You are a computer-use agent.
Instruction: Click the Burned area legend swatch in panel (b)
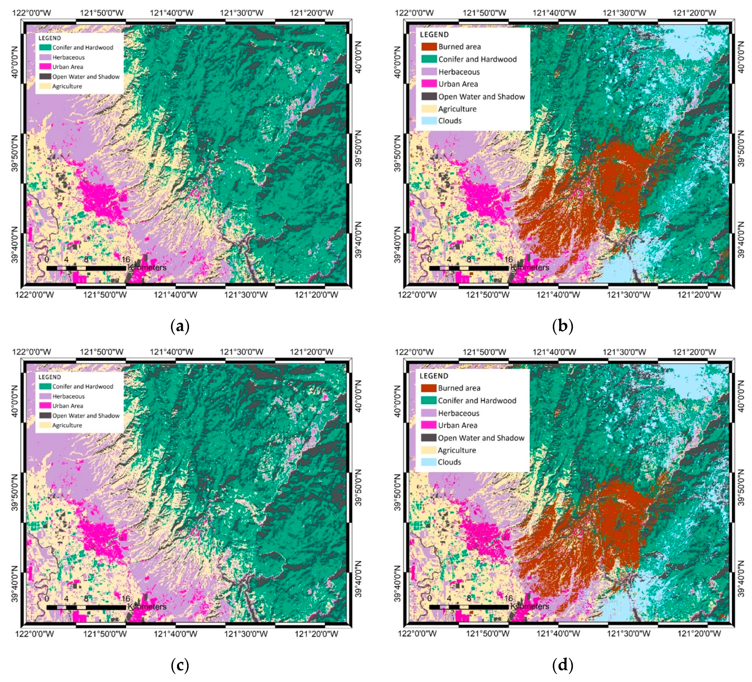coord(429,47)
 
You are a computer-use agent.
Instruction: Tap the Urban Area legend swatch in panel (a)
coord(45,67)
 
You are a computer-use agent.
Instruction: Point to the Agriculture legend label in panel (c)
coord(67,425)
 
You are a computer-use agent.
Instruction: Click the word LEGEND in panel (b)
coord(434,34)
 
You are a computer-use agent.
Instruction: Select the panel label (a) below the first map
coord(180,326)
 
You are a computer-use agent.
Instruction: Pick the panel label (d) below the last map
coord(562,665)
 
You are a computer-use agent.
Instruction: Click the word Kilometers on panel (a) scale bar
coord(147,268)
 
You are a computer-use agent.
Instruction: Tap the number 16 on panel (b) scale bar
coord(508,259)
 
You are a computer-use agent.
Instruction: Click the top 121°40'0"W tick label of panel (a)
coord(172,13)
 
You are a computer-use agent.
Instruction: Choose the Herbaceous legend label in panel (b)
coord(459,72)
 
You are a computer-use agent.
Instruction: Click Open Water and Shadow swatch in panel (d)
coord(428,438)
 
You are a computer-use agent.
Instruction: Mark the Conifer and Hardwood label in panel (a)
coord(83,48)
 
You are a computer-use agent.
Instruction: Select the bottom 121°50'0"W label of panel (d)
coord(488,634)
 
